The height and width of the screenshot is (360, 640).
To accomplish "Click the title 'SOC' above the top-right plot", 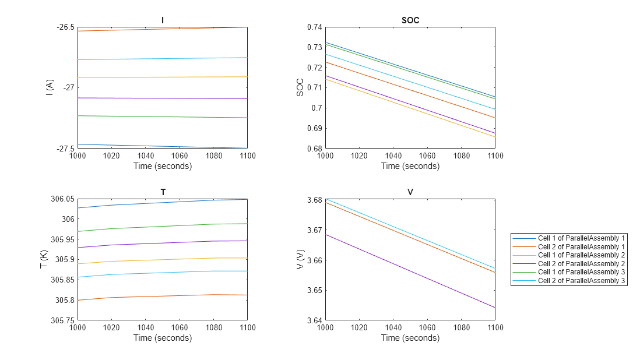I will pyautogui.click(x=410, y=20).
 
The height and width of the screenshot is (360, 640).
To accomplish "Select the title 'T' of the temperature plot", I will pyautogui.click(x=163, y=192).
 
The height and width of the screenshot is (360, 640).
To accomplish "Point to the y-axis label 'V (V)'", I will pyautogui.click(x=300, y=259).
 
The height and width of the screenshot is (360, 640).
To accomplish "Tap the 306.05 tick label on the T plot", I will pyautogui.click(x=62, y=199).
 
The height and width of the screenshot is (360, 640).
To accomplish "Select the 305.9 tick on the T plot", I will pyautogui.click(x=64, y=259).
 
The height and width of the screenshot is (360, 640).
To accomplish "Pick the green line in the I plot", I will pyautogui.click(x=163, y=117).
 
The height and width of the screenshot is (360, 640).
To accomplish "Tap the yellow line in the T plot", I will pyautogui.click(x=163, y=259).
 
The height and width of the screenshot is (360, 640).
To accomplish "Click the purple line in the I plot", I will pyautogui.click(x=163, y=98).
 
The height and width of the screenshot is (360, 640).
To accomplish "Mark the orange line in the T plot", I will pyautogui.click(x=163, y=296).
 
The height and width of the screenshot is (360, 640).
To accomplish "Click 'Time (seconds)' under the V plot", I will pyautogui.click(x=410, y=338).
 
